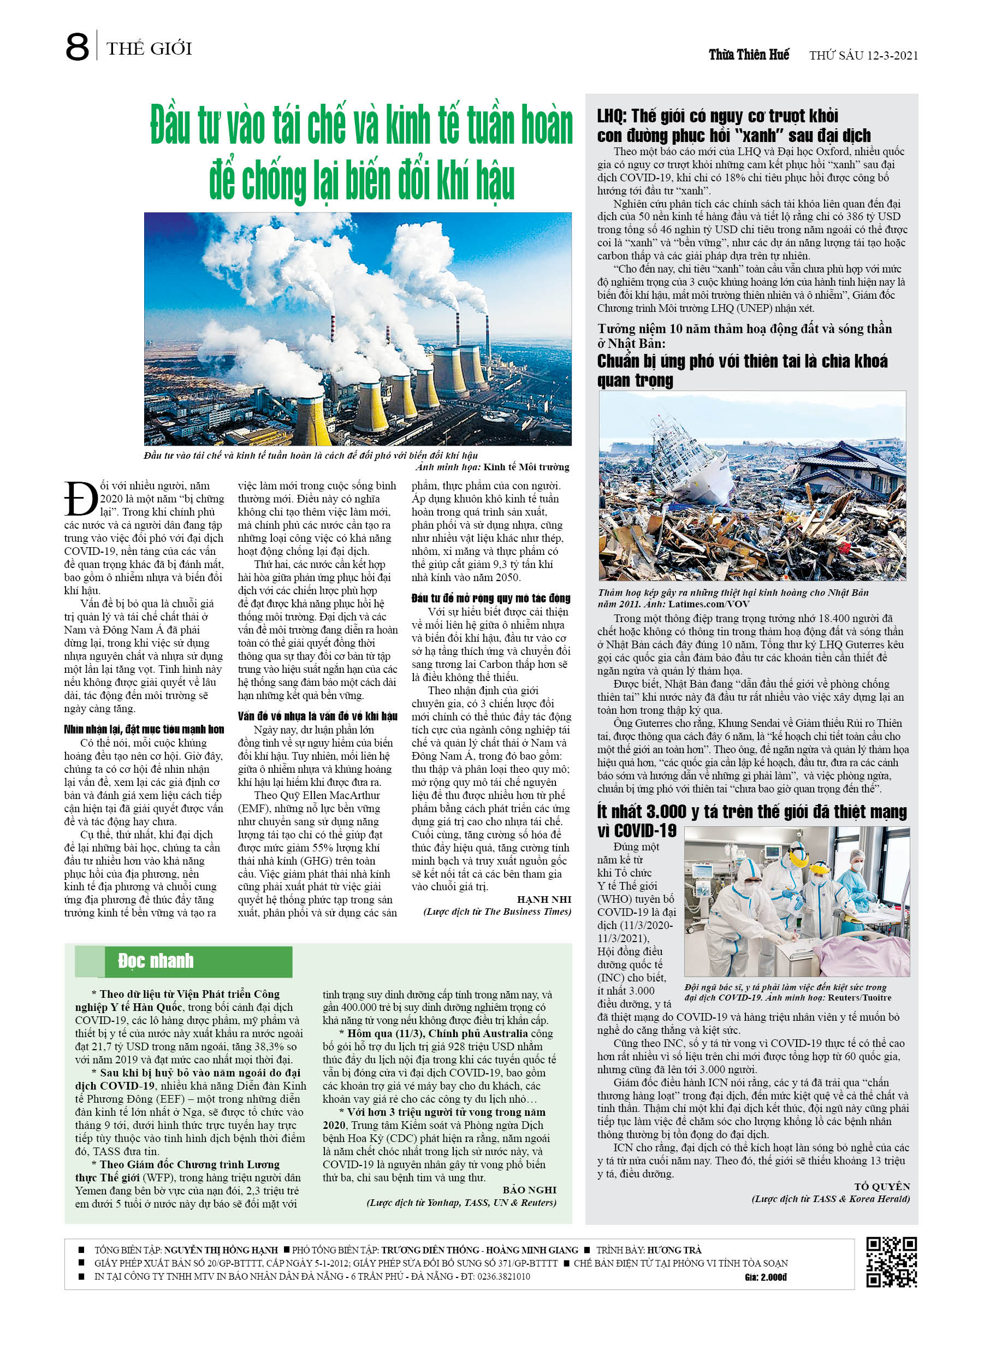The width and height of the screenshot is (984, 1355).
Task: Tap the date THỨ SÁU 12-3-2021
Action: click(x=863, y=56)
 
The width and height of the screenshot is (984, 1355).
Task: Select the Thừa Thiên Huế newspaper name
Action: click(x=749, y=55)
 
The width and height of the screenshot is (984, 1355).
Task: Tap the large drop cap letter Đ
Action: click(x=81, y=499)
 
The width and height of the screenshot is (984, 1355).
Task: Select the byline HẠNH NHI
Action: click(x=544, y=899)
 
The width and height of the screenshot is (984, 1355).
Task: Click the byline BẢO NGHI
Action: click(x=529, y=1190)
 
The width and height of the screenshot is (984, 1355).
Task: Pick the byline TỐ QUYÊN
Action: click(x=882, y=1187)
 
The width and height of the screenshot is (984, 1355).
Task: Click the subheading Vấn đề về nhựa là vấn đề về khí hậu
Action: click(x=317, y=717)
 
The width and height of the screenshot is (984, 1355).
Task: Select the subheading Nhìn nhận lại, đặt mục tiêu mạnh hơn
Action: click(x=144, y=730)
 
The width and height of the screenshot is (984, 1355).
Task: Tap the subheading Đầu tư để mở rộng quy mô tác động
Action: click(x=490, y=598)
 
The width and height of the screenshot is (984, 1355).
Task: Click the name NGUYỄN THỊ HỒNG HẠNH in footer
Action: click(x=221, y=1250)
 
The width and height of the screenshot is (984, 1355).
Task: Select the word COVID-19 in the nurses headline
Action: click(x=637, y=831)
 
